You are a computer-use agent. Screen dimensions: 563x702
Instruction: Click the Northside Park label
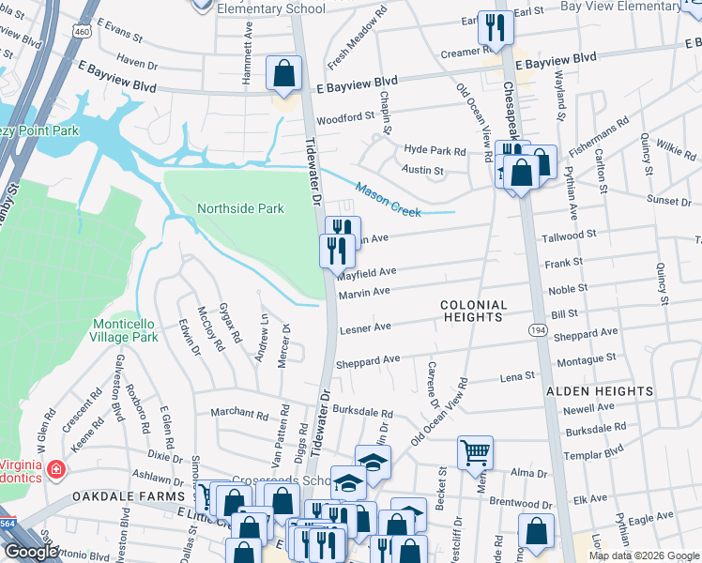pos(239,208)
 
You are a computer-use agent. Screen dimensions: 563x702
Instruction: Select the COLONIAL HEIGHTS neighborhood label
pos(474,312)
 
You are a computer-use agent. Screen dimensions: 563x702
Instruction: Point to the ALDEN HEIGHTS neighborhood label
pos(599,390)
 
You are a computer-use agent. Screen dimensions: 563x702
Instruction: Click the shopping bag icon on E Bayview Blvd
pos(283,75)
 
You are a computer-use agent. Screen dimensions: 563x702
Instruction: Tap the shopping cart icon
pos(475,453)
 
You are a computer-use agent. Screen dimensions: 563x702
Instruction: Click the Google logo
pos(31,552)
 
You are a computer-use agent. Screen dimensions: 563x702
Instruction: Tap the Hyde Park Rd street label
pos(435,150)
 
